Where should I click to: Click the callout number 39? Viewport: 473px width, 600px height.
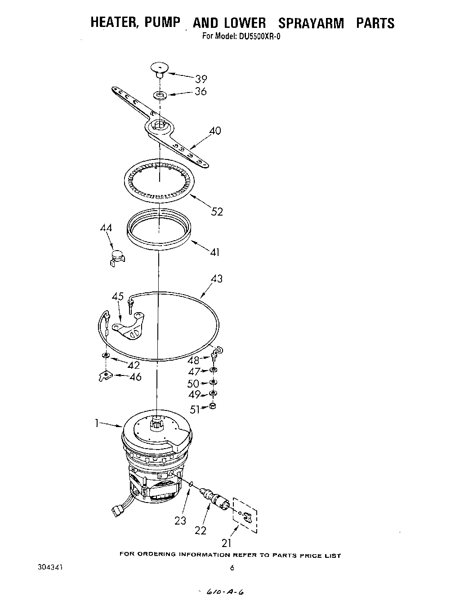(201, 79)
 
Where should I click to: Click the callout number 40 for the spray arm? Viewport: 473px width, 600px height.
(215, 131)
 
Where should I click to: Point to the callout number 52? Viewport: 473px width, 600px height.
(217, 212)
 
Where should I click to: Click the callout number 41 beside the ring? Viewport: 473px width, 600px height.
(215, 252)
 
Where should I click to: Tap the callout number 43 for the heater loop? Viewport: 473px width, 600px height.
(216, 279)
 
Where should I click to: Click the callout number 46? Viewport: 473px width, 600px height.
(135, 377)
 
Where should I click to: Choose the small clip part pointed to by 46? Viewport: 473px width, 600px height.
(104, 375)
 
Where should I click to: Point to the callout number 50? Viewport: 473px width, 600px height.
(193, 384)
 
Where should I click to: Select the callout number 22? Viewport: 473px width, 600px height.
(201, 530)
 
